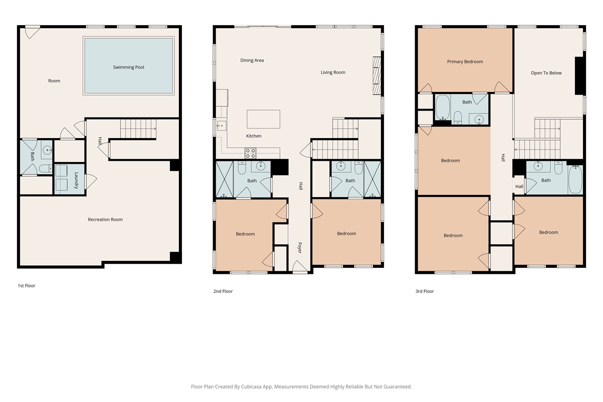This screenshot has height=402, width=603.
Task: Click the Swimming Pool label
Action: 129,67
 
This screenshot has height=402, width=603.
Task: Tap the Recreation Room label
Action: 105,220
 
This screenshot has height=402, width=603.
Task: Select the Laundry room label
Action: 76,180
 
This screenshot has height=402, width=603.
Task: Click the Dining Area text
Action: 252,60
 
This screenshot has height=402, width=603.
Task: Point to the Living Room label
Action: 333,72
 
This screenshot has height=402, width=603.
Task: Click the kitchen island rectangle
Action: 263,119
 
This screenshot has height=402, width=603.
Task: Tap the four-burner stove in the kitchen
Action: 250,153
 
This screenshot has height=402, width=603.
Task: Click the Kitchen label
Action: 254,136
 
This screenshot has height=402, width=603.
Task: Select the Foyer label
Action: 299,248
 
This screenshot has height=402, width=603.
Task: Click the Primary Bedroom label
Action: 465,62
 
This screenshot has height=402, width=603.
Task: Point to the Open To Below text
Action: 546,73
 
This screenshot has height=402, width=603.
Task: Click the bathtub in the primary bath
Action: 443,107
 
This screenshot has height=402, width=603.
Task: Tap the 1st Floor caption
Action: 26,286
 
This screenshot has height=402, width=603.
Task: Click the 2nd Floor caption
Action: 223,291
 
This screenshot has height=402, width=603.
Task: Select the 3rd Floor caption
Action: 425,291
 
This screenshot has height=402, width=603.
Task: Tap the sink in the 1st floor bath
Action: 47,150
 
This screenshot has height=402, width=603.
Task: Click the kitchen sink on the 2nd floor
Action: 222,126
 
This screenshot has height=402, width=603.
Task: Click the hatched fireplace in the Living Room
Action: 377,76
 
